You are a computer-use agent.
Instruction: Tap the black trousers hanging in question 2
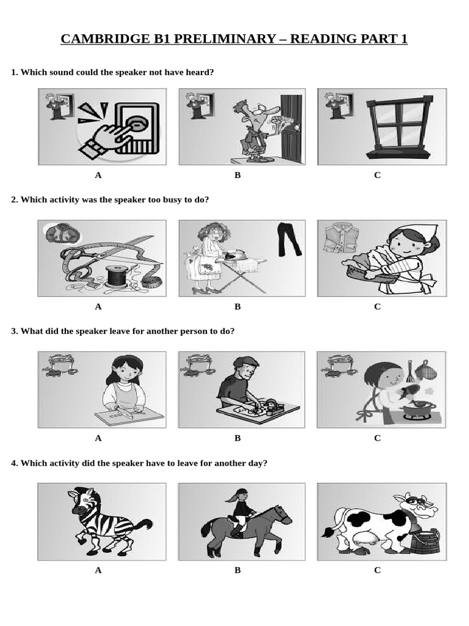(x=289, y=239)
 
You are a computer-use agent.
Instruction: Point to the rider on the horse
(x=241, y=511)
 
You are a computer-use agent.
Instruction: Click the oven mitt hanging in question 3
(x=426, y=370)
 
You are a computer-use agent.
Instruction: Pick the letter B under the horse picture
(x=238, y=570)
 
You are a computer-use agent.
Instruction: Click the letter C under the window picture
(x=377, y=175)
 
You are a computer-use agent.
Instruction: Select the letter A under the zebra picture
(x=98, y=570)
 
